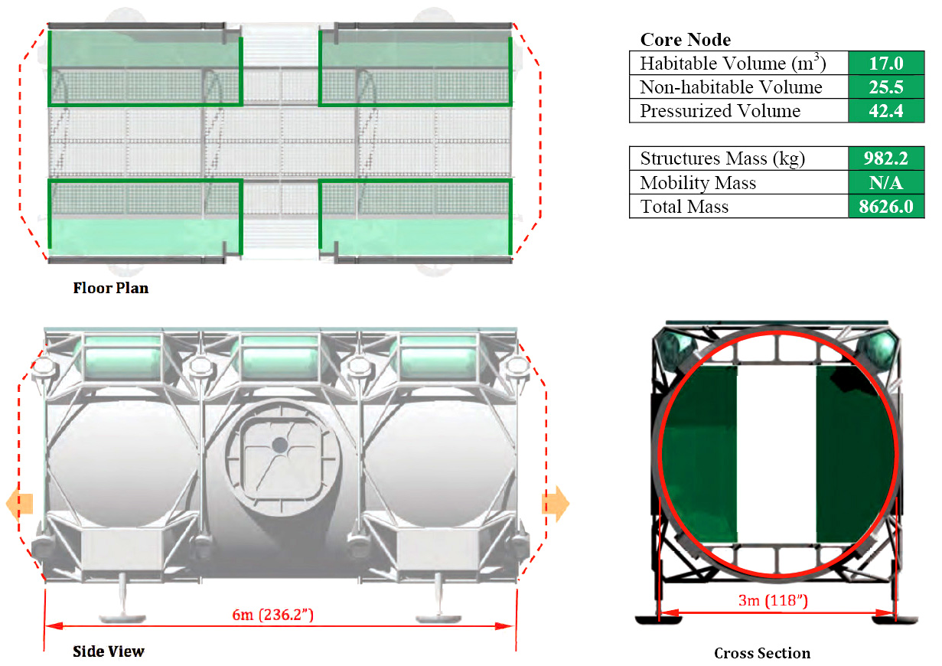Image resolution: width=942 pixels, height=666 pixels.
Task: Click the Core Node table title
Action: click(x=685, y=40)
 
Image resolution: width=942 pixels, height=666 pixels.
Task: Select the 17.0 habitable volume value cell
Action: click(x=886, y=63)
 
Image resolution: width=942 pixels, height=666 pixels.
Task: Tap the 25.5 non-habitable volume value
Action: click(x=886, y=87)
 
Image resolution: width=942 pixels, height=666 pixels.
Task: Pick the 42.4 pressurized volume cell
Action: click(x=886, y=111)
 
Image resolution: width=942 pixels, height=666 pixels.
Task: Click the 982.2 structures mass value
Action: click(x=886, y=158)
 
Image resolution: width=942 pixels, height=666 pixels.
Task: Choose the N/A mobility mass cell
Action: click(x=886, y=183)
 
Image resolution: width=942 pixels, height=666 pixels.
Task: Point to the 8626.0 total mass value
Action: click(x=886, y=207)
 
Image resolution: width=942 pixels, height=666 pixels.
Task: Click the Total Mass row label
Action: click(x=684, y=207)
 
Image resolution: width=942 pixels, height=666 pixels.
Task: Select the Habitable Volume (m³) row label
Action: click(x=733, y=63)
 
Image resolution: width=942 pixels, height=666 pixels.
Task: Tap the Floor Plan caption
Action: click(x=111, y=288)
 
